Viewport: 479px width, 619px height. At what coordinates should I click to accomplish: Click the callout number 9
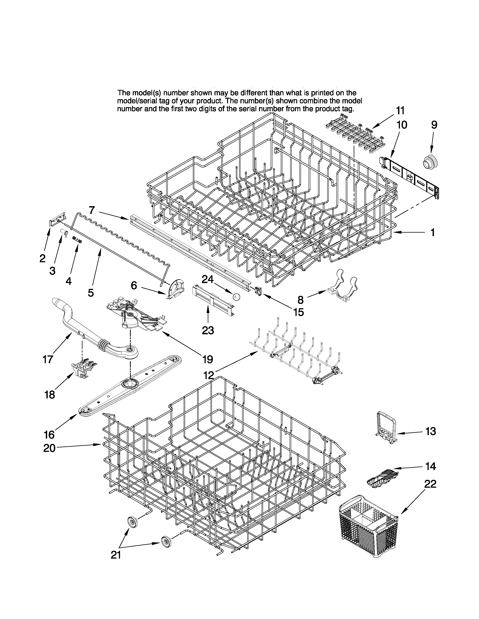click(x=434, y=125)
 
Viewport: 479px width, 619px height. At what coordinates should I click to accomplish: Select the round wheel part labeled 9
click(x=430, y=162)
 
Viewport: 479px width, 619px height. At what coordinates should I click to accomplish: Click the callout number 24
click(x=207, y=279)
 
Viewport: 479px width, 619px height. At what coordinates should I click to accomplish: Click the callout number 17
click(x=48, y=359)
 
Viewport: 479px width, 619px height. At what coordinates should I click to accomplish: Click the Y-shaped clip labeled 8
click(x=343, y=287)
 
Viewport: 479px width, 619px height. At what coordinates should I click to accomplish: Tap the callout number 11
click(x=400, y=110)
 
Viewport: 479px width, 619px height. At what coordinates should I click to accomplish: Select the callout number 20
click(x=49, y=448)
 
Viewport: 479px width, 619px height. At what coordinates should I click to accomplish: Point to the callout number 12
click(x=209, y=375)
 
